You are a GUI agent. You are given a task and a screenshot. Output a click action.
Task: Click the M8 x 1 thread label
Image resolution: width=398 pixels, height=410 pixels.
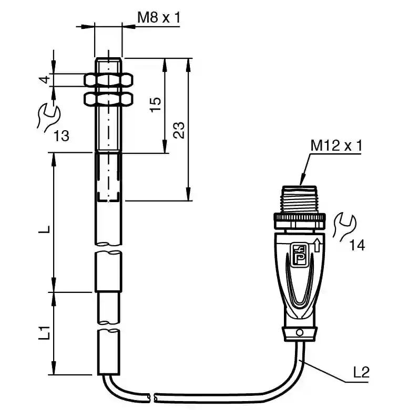coord(159,18)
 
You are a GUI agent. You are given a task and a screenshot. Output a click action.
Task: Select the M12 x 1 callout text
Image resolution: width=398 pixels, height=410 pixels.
coord(336,145)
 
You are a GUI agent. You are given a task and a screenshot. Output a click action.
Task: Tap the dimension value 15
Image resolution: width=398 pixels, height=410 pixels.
coord(156,104)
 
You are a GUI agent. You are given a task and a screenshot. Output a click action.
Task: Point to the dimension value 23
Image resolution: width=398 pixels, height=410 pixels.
coord(179,130)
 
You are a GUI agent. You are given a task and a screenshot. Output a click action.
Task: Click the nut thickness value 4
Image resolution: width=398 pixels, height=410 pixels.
coord(46,79)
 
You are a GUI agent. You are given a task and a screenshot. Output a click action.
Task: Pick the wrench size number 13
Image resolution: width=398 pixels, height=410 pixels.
coord(62,136)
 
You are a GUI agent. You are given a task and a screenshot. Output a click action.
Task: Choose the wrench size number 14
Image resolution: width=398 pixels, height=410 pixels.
coord(357,246)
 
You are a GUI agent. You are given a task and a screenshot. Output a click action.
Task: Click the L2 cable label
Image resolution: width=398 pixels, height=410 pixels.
coord(361,372)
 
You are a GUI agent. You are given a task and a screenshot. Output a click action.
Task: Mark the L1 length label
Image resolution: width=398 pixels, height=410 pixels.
coord(44,333)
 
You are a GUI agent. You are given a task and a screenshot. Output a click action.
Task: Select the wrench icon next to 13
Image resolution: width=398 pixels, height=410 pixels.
coord(49,118)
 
